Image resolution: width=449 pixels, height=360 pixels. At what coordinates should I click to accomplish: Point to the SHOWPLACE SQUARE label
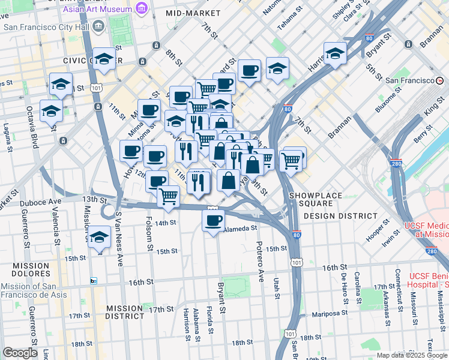(x=315, y=196)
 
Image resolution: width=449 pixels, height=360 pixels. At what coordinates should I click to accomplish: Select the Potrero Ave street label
(x=260, y=261)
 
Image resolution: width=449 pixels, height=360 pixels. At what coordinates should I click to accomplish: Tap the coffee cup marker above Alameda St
(x=212, y=221)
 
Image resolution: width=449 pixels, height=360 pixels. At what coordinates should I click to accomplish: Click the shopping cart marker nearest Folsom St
(x=169, y=195)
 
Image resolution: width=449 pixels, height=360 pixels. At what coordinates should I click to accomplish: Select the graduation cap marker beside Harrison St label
(x=335, y=53)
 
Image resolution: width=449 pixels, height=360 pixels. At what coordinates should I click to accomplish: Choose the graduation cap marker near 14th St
(x=99, y=236)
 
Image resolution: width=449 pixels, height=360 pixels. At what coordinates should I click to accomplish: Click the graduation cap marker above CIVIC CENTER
(x=104, y=59)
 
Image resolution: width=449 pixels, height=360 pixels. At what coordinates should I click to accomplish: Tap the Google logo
(x=19, y=353)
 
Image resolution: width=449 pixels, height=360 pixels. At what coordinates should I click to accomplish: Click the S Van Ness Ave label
(x=119, y=237)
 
